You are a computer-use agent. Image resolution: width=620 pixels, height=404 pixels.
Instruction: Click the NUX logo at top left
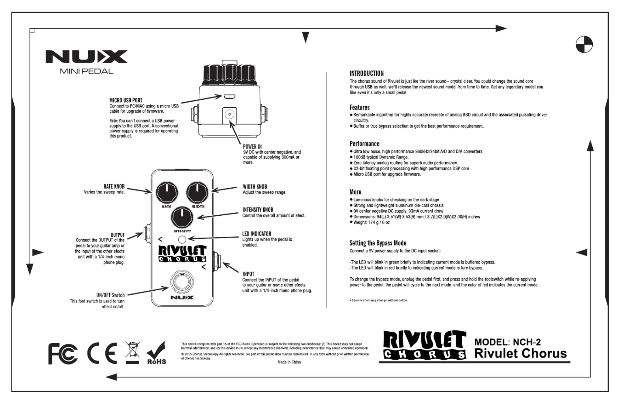[x=86, y=57]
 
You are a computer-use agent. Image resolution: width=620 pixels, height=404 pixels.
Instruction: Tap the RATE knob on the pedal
[x=167, y=193]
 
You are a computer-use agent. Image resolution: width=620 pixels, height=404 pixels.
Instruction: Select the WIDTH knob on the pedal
[x=197, y=193]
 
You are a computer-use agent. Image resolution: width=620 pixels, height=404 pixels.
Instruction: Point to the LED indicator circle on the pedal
[x=182, y=240]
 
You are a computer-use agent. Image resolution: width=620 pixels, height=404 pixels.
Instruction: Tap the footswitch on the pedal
[x=182, y=281]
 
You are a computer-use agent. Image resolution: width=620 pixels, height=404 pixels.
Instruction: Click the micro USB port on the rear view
[x=229, y=97]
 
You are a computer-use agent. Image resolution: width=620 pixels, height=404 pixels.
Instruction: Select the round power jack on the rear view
[x=229, y=115]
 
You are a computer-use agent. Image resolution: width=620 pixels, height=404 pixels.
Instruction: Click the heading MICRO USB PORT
[x=126, y=100]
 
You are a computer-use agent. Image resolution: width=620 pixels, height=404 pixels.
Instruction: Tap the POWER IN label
[x=252, y=147]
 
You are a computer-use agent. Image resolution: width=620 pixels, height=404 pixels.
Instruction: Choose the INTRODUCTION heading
[x=366, y=74]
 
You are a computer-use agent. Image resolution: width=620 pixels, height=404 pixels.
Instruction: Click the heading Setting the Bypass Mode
[x=378, y=243]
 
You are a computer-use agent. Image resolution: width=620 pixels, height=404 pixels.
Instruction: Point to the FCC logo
[x=63, y=354]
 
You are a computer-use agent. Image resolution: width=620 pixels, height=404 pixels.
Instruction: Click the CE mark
[x=102, y=353]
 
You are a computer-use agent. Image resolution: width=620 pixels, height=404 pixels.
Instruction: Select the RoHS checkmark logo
[x=156, y=353]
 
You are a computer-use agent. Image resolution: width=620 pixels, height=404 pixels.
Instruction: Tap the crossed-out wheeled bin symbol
[x=132, y=352]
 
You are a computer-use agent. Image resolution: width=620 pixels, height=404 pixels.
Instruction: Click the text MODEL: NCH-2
[x=507, y=342]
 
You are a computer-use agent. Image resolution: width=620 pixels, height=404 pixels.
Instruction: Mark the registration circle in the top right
[x=584, y=44]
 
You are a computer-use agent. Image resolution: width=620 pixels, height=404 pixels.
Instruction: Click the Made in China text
[x=289, y=362]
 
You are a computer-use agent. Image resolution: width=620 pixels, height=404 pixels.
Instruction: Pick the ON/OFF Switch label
[x=111, y=295]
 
